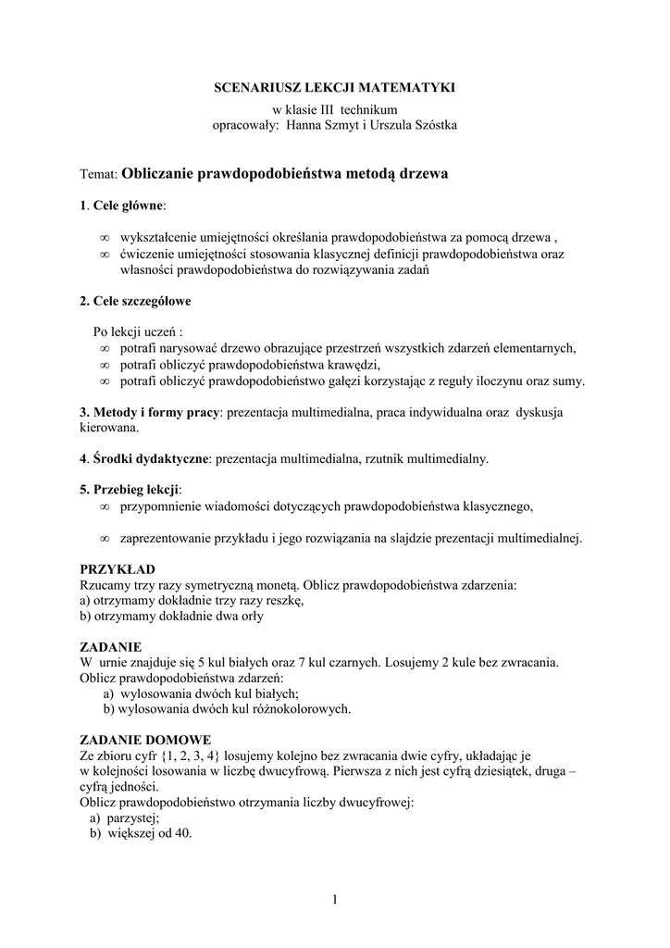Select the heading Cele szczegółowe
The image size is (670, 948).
point(132,301)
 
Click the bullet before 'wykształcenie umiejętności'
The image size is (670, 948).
point(105,237)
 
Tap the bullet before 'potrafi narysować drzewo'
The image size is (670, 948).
point(105,348)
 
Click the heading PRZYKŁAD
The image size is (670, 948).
point(118,568)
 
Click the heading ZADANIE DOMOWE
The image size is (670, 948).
point(145,740)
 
